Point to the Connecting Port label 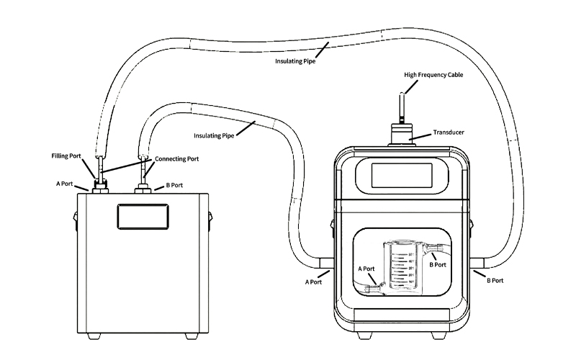coord(176,158)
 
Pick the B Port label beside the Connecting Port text coord(174,185)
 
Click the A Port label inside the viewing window coord(366,269)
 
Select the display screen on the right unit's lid coord(402,175)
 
